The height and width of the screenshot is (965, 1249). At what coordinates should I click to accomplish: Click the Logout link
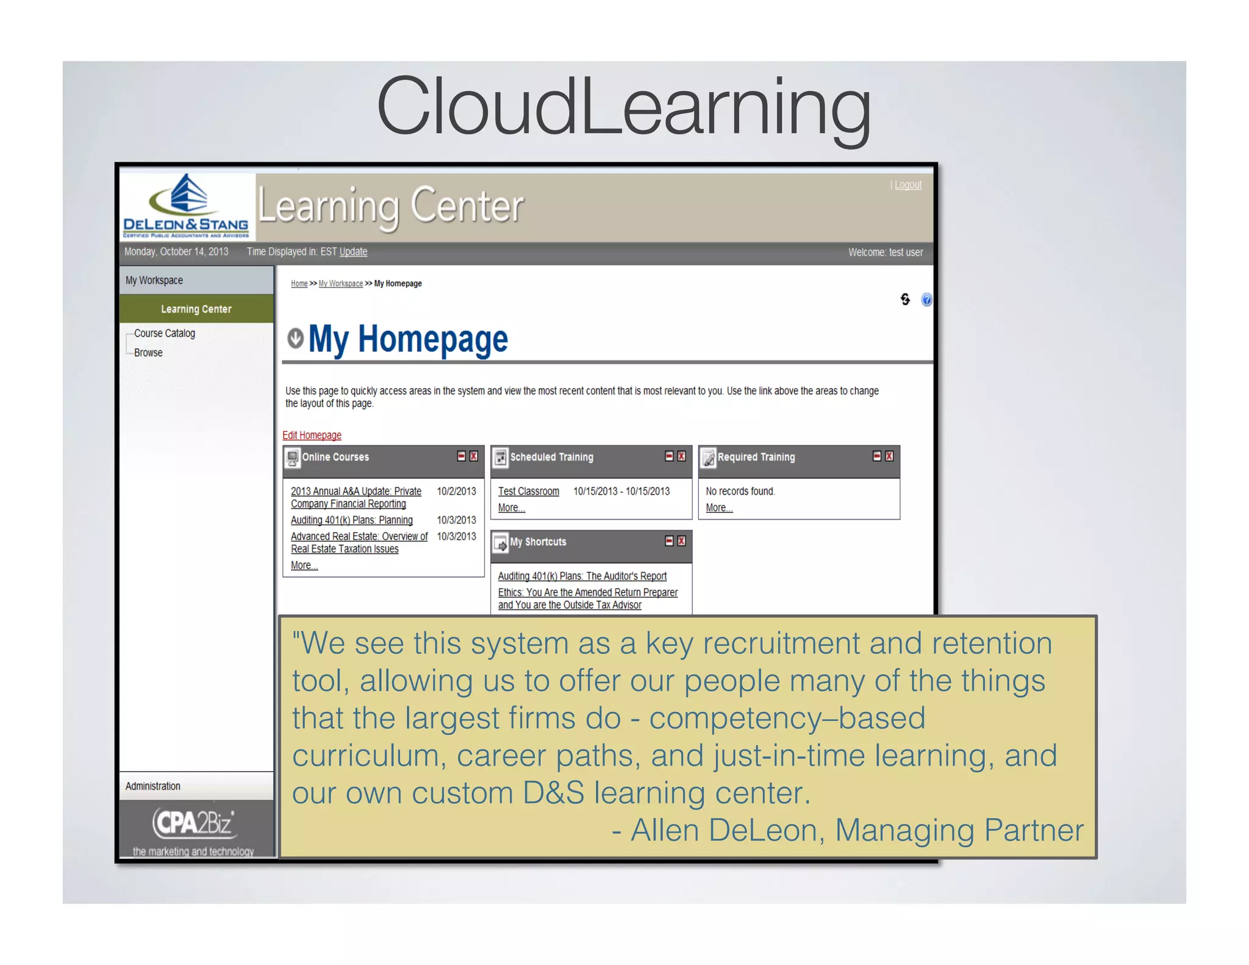click(907, 185)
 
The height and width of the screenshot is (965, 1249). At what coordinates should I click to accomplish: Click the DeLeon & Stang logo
click(187, 206)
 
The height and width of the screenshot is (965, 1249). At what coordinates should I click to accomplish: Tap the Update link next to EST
click(353, 251)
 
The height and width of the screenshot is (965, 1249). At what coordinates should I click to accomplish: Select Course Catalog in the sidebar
click(165, 333)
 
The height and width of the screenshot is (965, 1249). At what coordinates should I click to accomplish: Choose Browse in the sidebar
click(148, 353)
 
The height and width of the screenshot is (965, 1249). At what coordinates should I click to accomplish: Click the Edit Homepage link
click(312, 435)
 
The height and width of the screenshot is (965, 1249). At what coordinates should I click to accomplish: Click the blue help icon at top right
click(926, 300)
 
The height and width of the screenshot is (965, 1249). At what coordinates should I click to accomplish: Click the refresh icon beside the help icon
click(905, 299)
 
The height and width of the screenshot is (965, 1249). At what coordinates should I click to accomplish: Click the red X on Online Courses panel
click(474, 456)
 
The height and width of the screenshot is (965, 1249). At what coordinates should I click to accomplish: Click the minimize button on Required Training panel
click(876, 456)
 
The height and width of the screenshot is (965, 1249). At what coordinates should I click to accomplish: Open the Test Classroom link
click(528, 491)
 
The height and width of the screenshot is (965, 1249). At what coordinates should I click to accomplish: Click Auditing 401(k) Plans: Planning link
click(351, 520)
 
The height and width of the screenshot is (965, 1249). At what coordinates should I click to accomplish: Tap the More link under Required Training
click(718, 508)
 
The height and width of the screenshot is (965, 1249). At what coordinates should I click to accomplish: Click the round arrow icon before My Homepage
click(295, 339)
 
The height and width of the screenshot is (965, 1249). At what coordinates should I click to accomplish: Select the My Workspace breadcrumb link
click(340, 284)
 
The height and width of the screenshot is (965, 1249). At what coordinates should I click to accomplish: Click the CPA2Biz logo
click(194, 823)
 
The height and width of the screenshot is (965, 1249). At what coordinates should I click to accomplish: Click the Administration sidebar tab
click(153, 786)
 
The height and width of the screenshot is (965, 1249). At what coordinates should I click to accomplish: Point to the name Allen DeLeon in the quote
click(723, 830)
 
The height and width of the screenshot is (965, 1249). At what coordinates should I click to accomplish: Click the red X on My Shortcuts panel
click(682, 541)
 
